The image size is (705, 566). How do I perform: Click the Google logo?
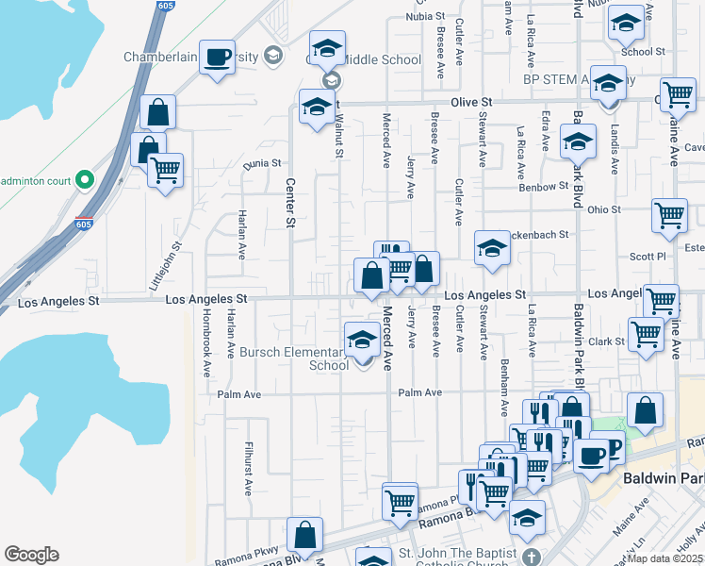pos(31,555)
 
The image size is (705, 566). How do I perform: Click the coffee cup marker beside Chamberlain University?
pos(217,58)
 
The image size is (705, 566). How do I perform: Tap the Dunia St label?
pos(262,163)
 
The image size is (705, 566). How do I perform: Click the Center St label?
pos(290,203)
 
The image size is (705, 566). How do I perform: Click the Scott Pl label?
pos(648,257)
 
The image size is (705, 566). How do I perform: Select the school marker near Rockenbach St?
pos(491,249)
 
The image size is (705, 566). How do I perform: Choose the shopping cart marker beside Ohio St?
pos(669,216)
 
